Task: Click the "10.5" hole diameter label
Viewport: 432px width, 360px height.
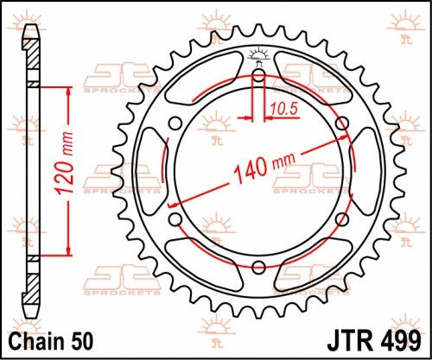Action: tap(280, 110)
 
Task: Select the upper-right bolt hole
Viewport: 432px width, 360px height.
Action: tap(341, 123)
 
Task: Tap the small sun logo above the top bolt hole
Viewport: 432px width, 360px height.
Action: tap(257, 57)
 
